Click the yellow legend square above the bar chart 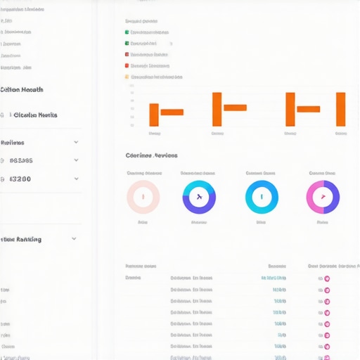click(x=127, y=77)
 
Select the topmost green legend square click(x=127, y=32)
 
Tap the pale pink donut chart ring click(x=131, y=196)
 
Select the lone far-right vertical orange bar click(x=340, y=109)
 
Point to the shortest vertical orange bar click(x=154, y=115)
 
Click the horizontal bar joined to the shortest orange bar click(x=172, y=112)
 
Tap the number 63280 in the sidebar click(x=21, y=179)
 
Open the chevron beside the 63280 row click(x=76, y=179)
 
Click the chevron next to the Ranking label click(x=74, y=239)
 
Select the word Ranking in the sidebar click(x=28, y=239)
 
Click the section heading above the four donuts click(x=151, y=155)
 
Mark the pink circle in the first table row click(x=327, y=278)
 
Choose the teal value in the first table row click(x=274, y=278)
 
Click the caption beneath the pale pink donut click(x=143, y=222)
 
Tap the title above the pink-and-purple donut click(x=322, y=173)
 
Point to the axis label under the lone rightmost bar click(x=340, y=133)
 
